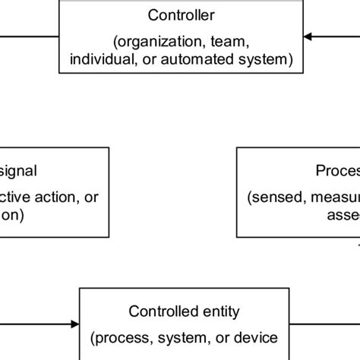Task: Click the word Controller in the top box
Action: point(181,14)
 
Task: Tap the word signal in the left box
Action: point(18,171)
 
